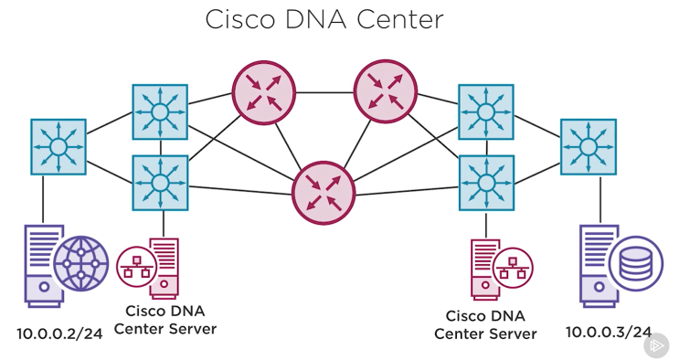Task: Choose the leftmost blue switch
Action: (x=58, y=146)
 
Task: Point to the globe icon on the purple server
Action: (x=80, y=263)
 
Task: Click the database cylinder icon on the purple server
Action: (x=636, y=263)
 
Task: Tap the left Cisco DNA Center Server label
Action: (x=164, y=320)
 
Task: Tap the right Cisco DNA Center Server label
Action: (x=485, y=324)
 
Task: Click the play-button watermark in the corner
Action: (x=656, y=345)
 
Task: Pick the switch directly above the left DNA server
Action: (x=160, y=182)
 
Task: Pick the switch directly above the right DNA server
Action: (x=485, y=182)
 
